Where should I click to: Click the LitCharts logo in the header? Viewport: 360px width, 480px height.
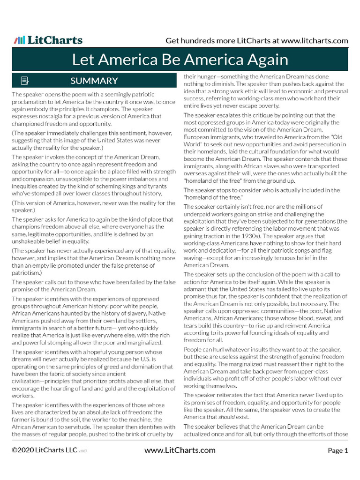pos(48,40)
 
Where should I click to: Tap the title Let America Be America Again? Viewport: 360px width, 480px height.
pos(180,60)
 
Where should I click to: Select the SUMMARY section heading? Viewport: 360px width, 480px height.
pos(94,81)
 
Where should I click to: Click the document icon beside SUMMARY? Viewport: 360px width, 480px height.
pos(25,81)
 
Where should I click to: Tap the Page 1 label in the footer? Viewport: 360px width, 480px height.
pos(337,451)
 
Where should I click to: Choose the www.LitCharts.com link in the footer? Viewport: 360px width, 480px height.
pos(180,451)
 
